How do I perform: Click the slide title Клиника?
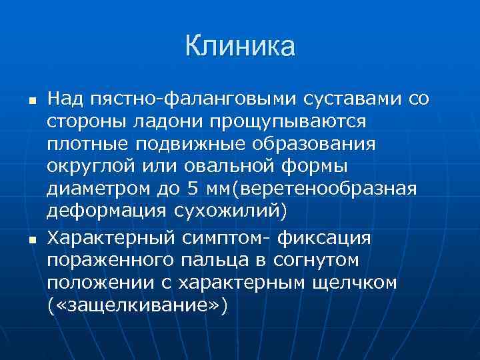pos(239,47)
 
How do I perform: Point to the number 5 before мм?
pos(193,190)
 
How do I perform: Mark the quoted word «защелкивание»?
pos(137,305)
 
